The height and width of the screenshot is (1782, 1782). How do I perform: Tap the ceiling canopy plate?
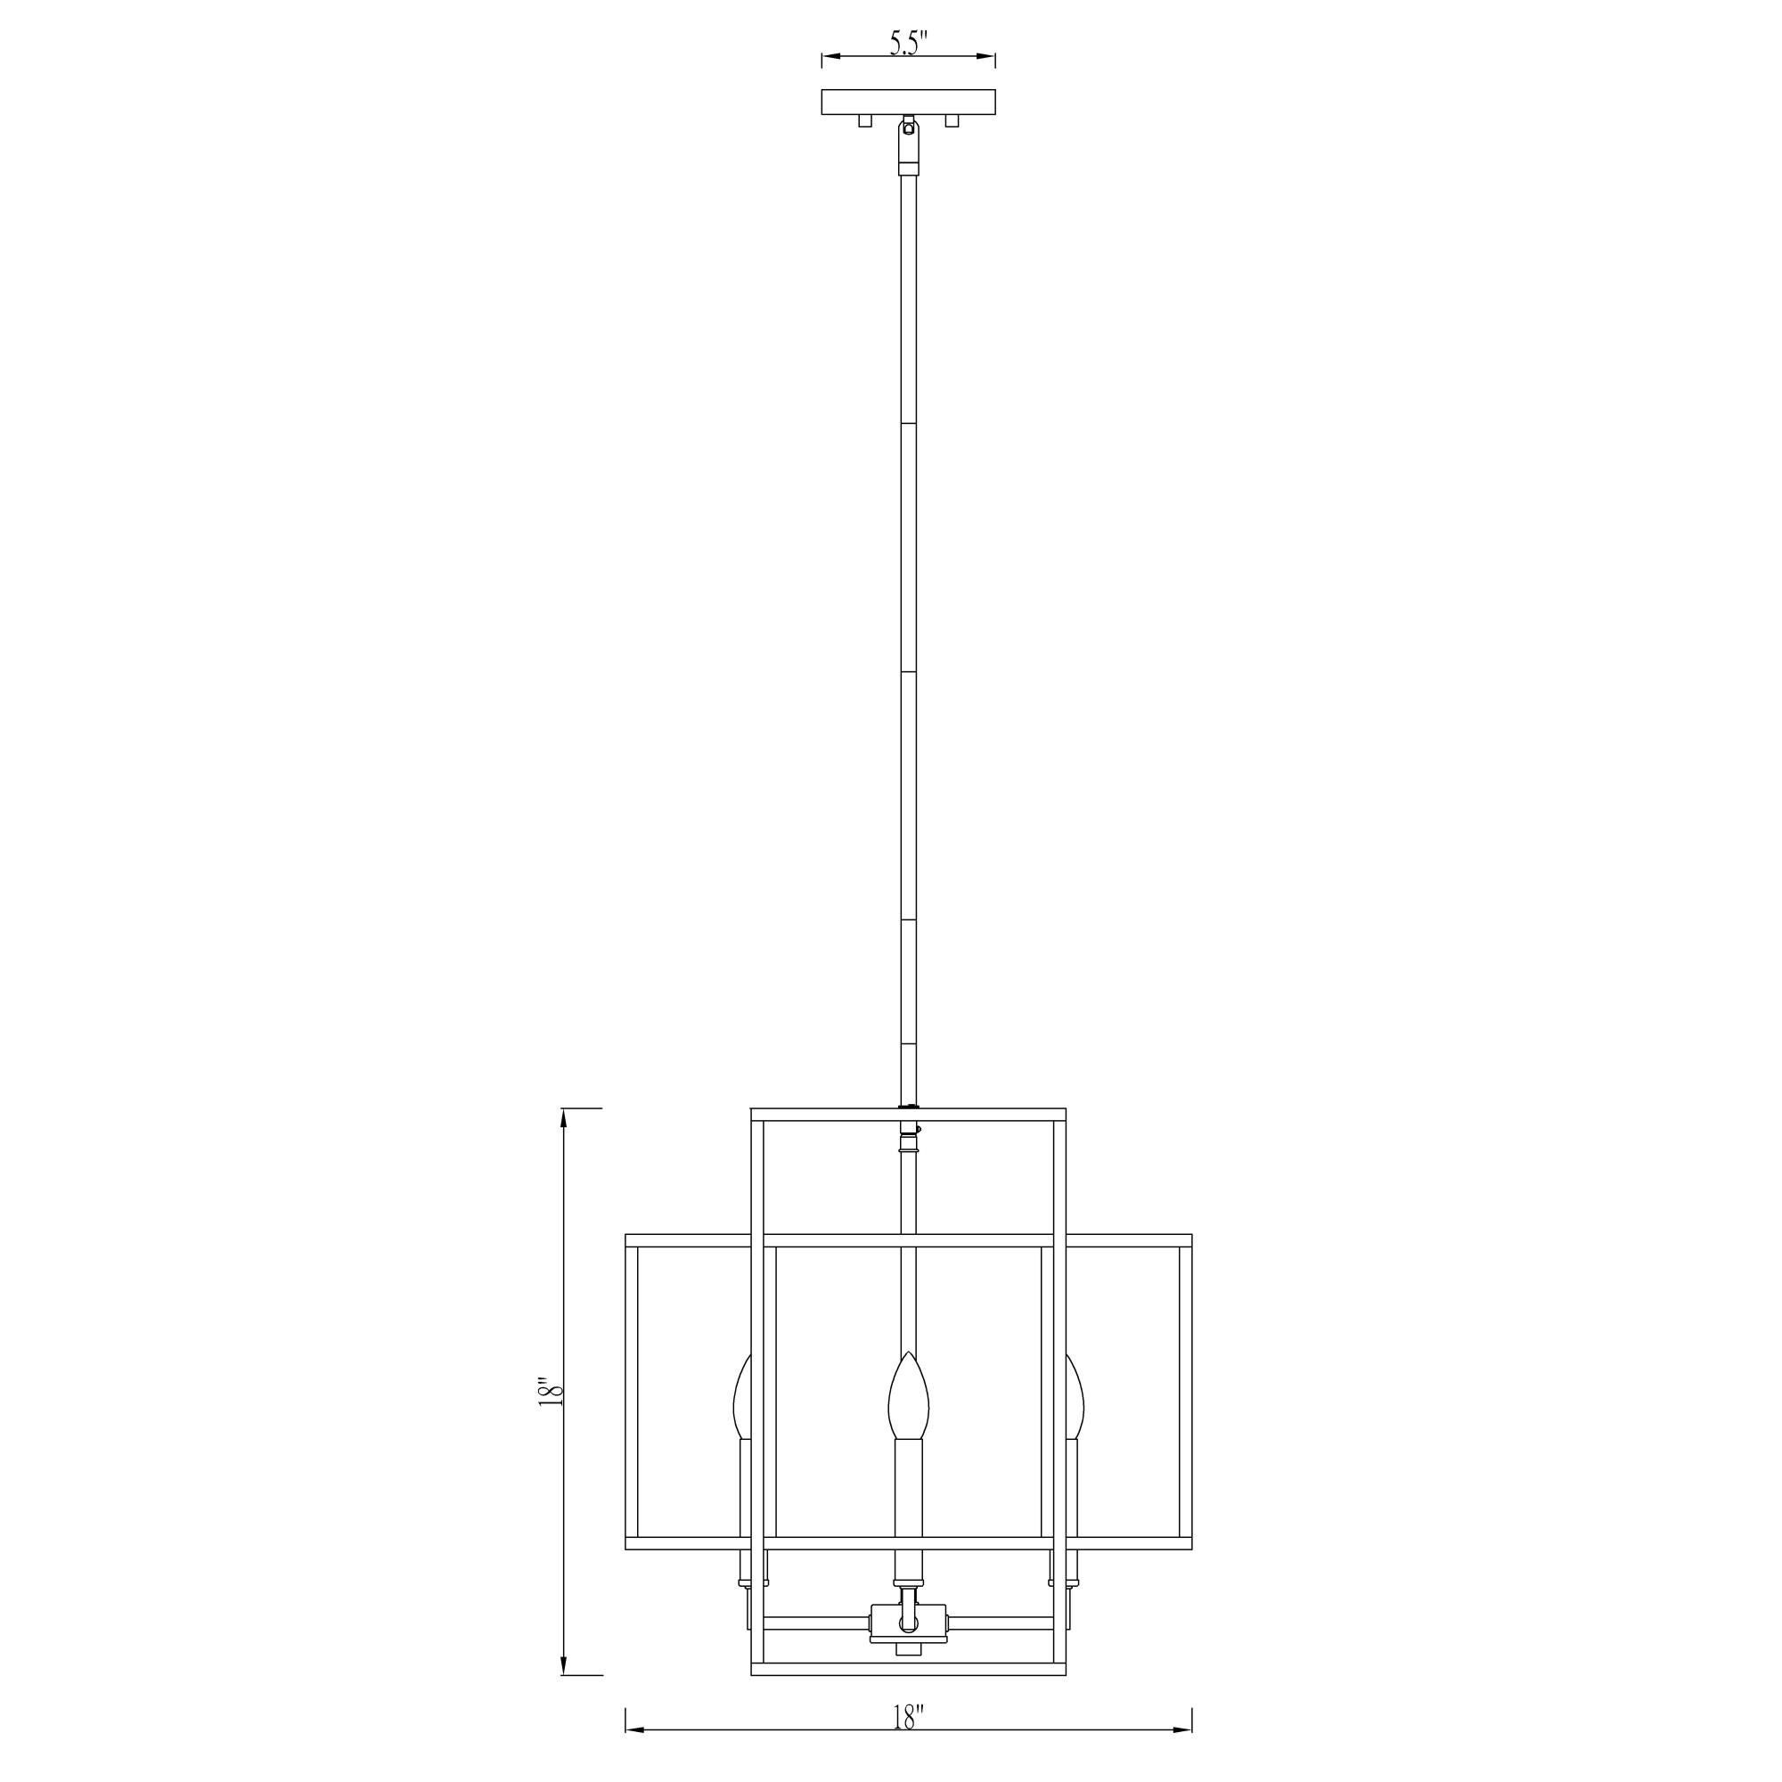point(909,102)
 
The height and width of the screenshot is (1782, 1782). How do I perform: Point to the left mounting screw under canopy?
point(865,121)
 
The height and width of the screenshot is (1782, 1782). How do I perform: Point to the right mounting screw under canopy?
point(952,121)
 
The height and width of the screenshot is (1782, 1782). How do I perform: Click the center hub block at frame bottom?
point(909,1647)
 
